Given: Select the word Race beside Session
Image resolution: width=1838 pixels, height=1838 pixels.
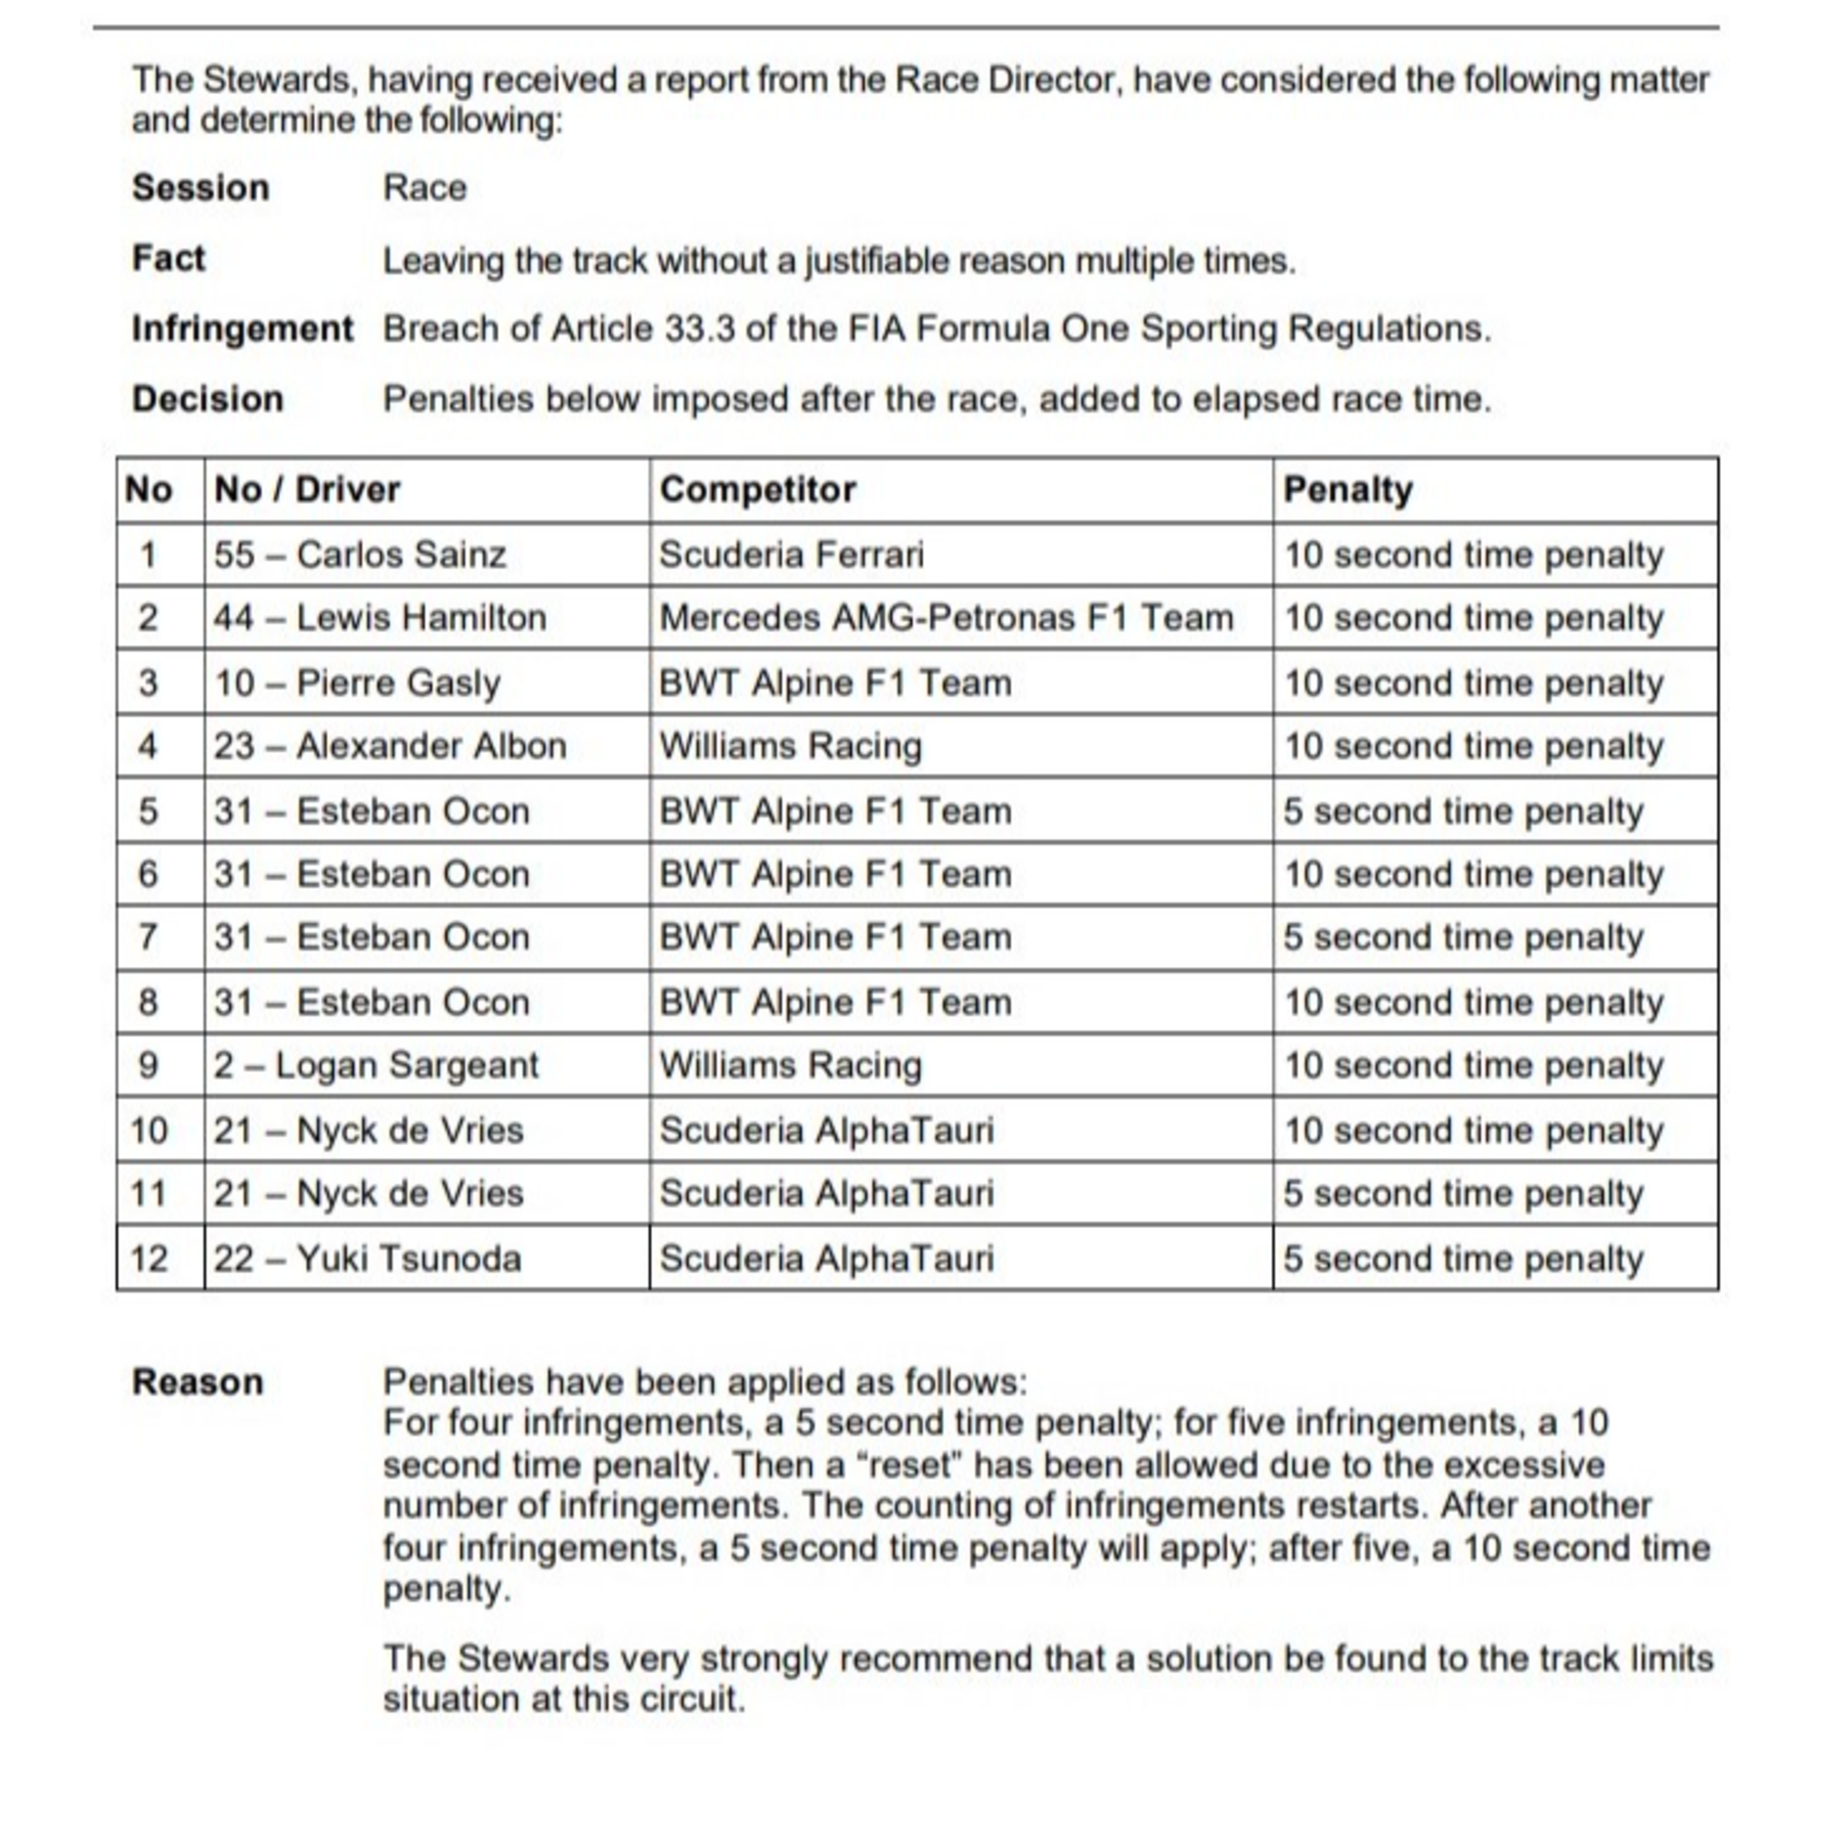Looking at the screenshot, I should click(425, 187).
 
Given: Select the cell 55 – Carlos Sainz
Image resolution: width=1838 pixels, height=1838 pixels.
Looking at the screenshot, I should click(360, 554).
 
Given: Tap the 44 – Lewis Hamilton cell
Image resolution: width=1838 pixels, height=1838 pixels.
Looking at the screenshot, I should click(380, 618).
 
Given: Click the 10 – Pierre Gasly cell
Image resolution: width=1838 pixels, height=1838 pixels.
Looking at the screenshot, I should click(357, 683).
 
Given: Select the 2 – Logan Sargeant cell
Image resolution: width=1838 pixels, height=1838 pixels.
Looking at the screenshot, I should click(376, 1065).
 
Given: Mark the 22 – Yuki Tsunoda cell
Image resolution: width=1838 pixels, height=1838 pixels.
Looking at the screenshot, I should click(367, 1258).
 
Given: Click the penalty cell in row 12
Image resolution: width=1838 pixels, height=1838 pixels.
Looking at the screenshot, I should click(1462, 1258).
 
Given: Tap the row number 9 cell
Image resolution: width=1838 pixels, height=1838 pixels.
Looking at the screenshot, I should click(148, 1065).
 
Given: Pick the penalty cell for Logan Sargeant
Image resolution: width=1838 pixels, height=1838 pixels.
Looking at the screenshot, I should click(1473, 1065).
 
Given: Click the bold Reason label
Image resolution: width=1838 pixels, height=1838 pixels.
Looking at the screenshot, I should click(197, 1382).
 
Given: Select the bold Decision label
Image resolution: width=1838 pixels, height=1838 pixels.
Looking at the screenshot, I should click(208, 399).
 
